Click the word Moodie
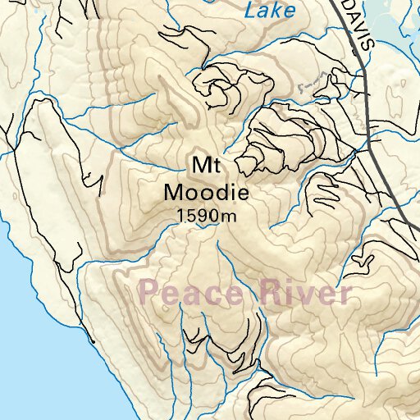click(x=205, y=194)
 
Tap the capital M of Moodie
click(x=173, y=194)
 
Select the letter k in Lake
click(x=276, y=11)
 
